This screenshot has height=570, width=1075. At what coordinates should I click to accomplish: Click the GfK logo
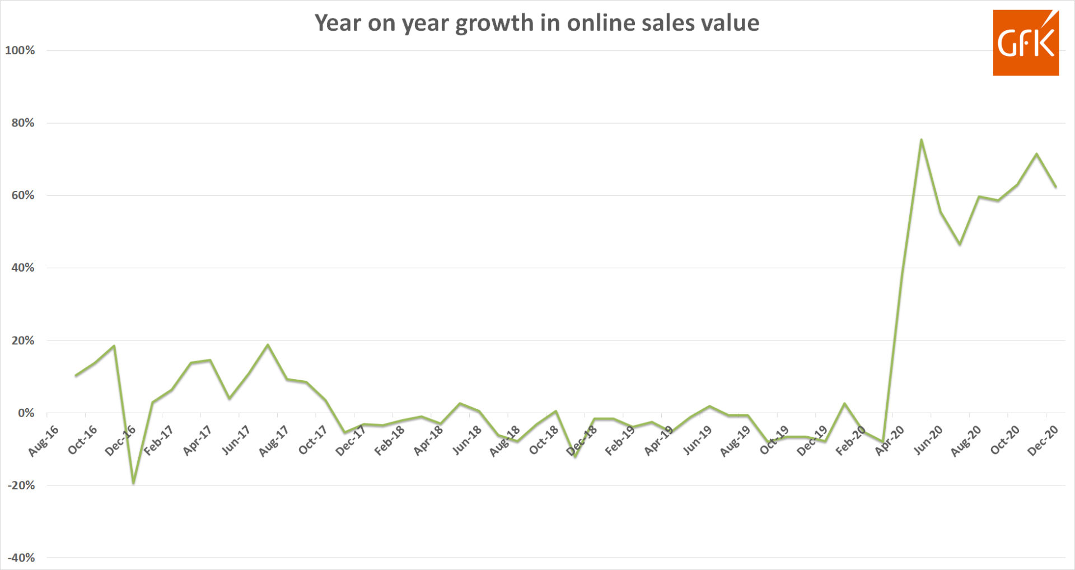pos(1025,43)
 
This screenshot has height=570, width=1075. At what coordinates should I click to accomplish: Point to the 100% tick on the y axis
pos(20,50)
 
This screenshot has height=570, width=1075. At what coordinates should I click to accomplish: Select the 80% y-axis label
pos(22,123)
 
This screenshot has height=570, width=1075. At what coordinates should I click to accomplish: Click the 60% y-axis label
pos(22,195)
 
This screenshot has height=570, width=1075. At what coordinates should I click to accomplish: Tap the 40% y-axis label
pos(22,268)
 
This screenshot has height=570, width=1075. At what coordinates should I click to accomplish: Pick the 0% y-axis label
pos(26,413)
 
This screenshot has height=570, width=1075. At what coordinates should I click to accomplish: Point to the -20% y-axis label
pos(21,485)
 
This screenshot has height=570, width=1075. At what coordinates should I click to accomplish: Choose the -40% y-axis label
pos(21,558)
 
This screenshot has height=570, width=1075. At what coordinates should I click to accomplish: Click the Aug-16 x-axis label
pos(43,441)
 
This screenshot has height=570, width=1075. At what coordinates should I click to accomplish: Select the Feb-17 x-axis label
pos(158,441)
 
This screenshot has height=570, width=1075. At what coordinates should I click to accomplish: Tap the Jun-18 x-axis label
pos(466,441)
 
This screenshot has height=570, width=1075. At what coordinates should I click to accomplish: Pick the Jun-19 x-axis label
pos(697,441)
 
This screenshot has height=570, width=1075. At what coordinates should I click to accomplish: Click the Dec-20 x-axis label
pos(1043,441)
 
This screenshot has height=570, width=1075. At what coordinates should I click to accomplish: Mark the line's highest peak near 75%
pos(921,139)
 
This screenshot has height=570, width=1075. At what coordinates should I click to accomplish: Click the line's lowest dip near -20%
pos(133,483)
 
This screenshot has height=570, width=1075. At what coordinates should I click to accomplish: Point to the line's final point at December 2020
pos(1056,187)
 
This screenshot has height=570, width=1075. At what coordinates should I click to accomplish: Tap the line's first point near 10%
pos(76,376)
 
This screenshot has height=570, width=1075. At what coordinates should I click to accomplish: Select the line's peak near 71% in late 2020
pos(1036,153)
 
